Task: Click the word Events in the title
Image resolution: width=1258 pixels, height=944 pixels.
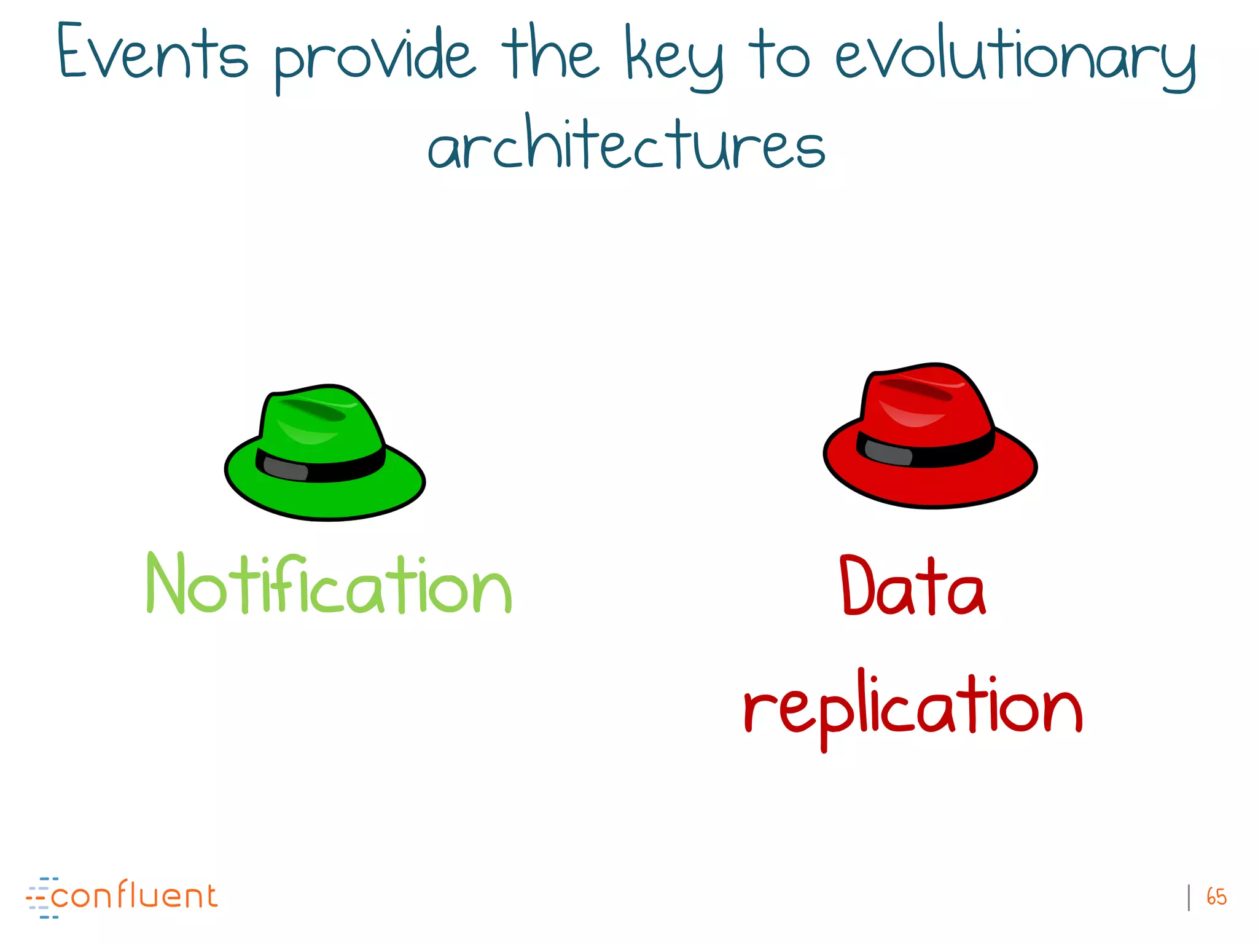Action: pos(152,54)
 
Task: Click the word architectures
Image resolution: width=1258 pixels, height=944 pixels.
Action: pos(627,144)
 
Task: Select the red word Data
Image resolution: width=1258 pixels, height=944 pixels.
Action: pos(913,586)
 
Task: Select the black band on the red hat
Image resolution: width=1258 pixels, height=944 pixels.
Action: pos(958,452)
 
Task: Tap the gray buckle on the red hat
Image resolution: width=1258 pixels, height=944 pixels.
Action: pos(888,453)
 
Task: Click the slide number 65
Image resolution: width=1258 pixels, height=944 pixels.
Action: pos(1216,897)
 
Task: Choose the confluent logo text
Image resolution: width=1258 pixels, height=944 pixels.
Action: pos(134,896)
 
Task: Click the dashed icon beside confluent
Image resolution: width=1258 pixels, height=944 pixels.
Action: pos(41,898)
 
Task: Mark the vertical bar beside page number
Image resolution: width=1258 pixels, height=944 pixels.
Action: pos(1189,897)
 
